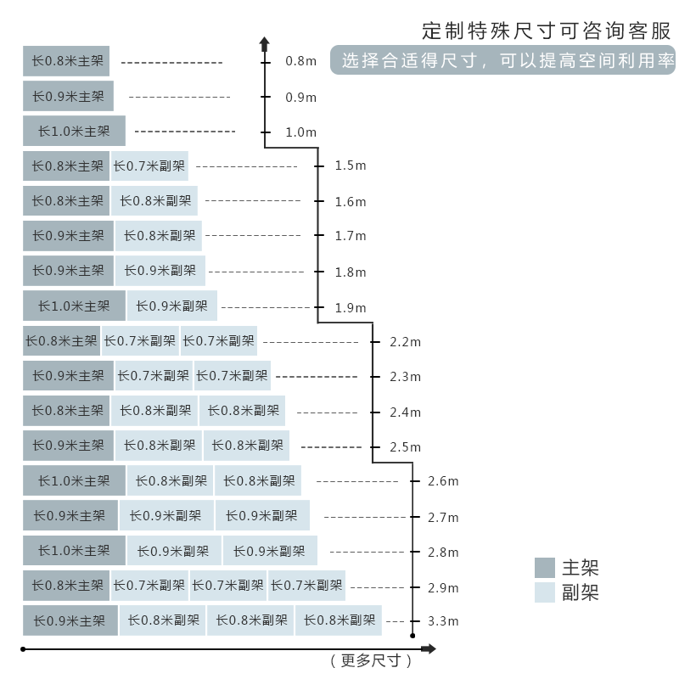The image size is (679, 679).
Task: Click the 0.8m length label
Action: [x=300, y=62]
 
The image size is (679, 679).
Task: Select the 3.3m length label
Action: [x=443, y=621]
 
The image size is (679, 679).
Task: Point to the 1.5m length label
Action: [x=350, y=166]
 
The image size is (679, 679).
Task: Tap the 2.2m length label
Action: [x=405, y=342]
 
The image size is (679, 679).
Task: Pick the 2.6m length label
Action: [x=443, y=481]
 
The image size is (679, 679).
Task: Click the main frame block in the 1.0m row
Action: [x=74, y=132]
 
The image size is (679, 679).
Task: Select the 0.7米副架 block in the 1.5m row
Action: [x=149, y=166]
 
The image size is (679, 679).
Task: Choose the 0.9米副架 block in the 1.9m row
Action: [x=171, y=306]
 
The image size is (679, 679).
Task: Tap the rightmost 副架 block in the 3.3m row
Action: [x=339, y=620]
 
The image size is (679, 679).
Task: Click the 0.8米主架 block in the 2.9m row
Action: [x=66, y=586]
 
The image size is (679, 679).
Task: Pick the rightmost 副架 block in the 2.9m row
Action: [x=306, y=586]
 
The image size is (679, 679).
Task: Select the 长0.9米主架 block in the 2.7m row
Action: [x=70, y=516]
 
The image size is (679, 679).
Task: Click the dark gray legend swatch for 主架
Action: [x=545, y=568]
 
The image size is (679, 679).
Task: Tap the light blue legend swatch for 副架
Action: [x=545, y=592]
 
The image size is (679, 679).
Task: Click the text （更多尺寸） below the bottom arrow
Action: [x=370, y=660]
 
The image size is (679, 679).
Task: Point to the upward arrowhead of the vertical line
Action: [x=265, y=42]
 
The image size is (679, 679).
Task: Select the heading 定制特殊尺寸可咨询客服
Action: [x=547, y=31]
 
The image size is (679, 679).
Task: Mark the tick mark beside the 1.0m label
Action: [x=266, y=132]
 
